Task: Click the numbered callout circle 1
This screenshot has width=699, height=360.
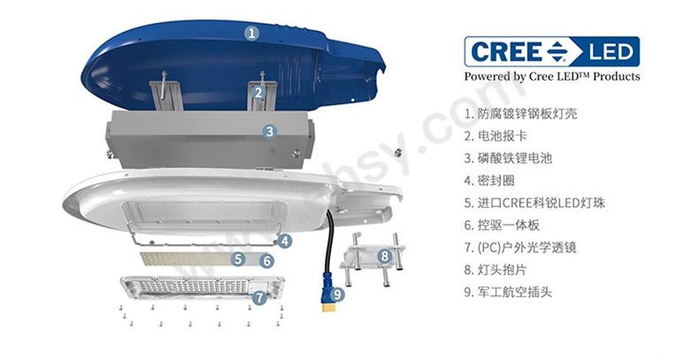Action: pos(252,33)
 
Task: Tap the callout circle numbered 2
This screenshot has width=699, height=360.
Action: pos(258,93)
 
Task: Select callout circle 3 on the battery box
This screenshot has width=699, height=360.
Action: pos(270,132)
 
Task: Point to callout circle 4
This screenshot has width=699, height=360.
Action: pos(285,241)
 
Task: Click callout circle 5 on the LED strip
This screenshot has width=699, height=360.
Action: pos(239,258)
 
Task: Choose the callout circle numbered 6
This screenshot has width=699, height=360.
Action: pos(266,261)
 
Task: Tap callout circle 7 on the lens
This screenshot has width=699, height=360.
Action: pos(260,297)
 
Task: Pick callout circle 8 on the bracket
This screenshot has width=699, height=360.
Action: pos(385,257)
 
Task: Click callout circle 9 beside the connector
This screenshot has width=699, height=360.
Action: pos(337,294)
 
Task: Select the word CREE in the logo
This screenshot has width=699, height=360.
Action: pos(506,51)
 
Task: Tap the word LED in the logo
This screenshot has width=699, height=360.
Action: pos(611,52)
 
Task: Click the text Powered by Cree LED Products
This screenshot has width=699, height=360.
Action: pos(552,76)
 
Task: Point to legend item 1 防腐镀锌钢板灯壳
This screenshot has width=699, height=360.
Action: pos(520,113)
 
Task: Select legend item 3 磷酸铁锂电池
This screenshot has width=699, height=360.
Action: pos(508,158)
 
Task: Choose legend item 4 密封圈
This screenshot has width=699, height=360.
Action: pos(489,180)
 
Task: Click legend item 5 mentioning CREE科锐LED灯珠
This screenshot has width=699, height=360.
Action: pos(535,203)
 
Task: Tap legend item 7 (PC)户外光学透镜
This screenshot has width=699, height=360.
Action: pos(520,248)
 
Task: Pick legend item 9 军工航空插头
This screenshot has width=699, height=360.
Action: pos(508,292)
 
